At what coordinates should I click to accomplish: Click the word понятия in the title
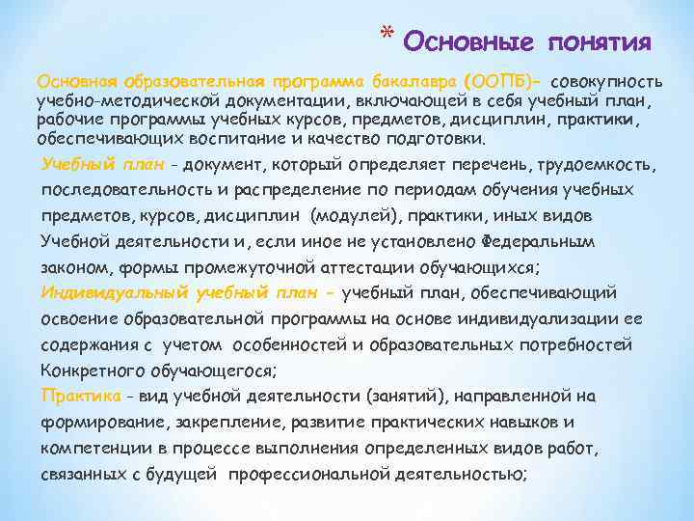(x=600, y=42)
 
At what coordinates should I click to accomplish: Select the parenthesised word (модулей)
(x=345, y=214)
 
